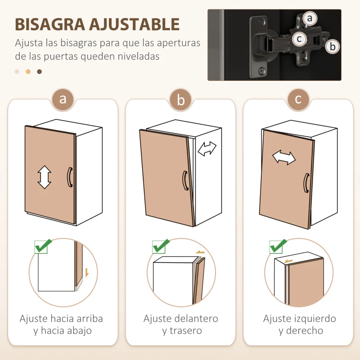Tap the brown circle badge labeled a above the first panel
coord(63,99)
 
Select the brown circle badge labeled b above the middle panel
coord(181,100)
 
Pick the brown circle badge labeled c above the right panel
coord(298,99)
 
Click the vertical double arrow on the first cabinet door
coord(44,177)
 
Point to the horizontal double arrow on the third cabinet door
coord(284,157)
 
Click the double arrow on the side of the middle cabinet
coord(207,148)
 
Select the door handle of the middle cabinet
coord(184,180)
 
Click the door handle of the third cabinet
coord(306,183)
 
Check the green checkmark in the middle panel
coord(161,246)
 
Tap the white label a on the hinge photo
coord(310,18)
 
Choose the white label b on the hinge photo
coord(332,46)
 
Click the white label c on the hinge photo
coord(298,39)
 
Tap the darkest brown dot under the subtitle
coord(40,72)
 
